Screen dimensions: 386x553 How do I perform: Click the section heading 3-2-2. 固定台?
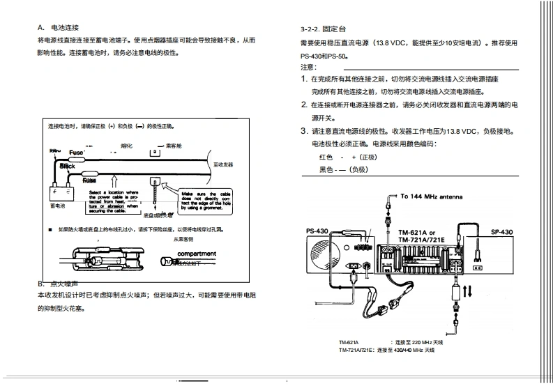pos(323,31)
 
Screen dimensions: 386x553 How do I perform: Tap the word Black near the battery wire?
pos(67,167)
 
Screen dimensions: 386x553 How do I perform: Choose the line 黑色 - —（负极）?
pos(344,169)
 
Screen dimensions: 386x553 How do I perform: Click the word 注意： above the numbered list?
pos(308,67)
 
